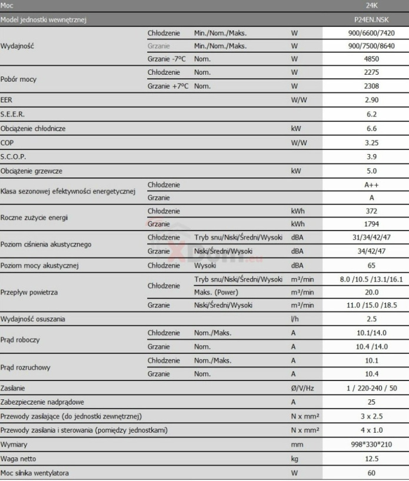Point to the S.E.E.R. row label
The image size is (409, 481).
(x=13, y=114)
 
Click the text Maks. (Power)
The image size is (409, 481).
(x=215, y=292)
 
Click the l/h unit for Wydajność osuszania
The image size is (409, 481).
(x=295, y=319)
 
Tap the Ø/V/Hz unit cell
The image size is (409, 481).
(x=301, y=388)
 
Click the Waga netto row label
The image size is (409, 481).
(x=20, y=458)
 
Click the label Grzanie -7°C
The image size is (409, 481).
(x=168, y=59)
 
